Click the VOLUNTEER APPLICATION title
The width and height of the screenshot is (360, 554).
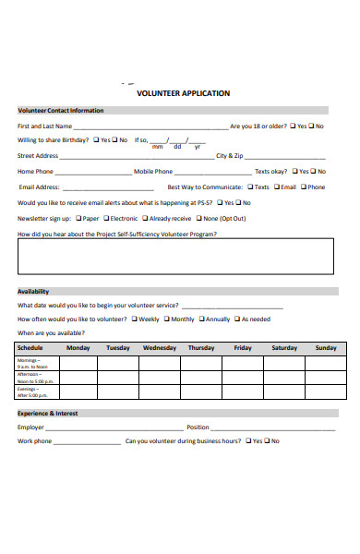pyautogui.click(x=183, y=93)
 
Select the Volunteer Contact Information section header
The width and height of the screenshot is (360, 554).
pyautogui.click(x=61, y=111)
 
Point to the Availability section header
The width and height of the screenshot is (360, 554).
pyautogui.click(x=33, y=291)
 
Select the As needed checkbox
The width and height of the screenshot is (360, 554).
pyautogui.click(x=236, y=319)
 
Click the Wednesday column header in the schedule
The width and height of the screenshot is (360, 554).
pyautogui.click(x=159, y=348)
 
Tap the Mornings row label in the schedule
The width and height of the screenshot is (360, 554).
pyautogui.click(x=35, y=363)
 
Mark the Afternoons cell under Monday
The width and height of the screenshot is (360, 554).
pyautogui.click(x=78, y=378)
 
